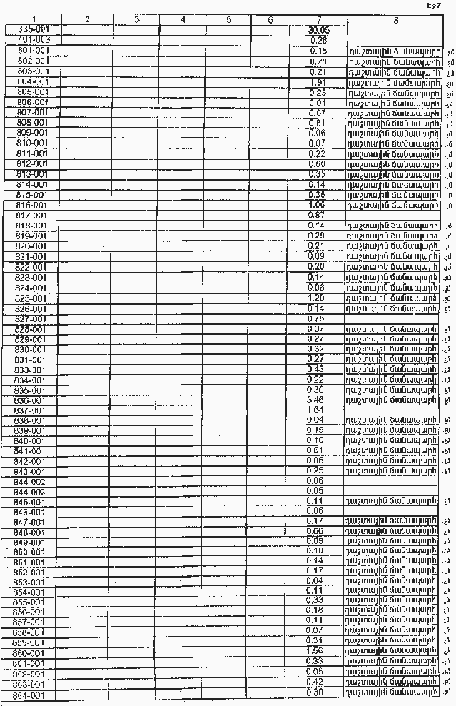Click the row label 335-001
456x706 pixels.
[x=31, y=30]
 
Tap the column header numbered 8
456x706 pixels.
[x=395, y=20]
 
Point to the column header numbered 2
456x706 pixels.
[x=86, y=20]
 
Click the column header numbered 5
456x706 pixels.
[x=228, y=20]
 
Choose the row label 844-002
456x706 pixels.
[x=30, y=481]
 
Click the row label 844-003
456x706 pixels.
[x=30, y=492]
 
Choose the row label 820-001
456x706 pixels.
[x=31, y=246]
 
